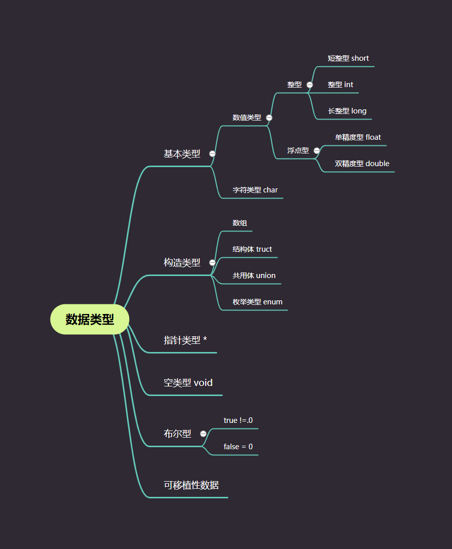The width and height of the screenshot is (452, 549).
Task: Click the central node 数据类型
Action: pyautogui.click(x=90, y=320)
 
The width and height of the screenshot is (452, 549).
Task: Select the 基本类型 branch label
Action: pyautogui.click(x=182, y=154)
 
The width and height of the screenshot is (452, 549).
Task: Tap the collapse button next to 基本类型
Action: pyautogui.click(x=212, y=153)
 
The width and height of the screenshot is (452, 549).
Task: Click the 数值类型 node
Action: pyautogui.click(x=247, y=117)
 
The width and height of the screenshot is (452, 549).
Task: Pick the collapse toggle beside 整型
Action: pyautogui.click(x=310, y=85)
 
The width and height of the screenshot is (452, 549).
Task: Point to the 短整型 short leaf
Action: pyautogui.click(x=348, y=58)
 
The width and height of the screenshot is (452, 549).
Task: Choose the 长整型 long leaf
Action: pyautogui.click(x=347, y=111)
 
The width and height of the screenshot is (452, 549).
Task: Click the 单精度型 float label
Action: pyautogui.click(x=358, y=137)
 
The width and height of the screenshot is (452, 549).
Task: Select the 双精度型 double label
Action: pyautogui.click(x=362, y=164)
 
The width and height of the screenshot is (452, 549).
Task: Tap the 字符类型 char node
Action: pyautogui.click(x=255, y=190)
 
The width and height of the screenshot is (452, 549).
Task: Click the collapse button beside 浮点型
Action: pyautogui.click(x=317, y=150)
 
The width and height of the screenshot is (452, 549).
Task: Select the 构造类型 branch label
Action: pyautogui.click(x=182, y=263)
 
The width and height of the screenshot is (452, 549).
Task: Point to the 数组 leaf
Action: pyautogui.click(x=240, y=223)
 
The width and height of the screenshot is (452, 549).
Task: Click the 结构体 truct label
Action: pyautogui.click(x=252, y=249)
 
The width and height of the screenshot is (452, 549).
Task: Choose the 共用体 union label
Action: pyautogui.click(x=254, y=276)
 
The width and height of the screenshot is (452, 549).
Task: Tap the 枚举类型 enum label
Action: pyautogui.click(x=257, y=302)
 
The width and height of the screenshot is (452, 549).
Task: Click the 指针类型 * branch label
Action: pyautogui.click(x=185, y=340)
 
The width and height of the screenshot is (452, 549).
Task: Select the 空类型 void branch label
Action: pyautogui.click(x=187, y=383)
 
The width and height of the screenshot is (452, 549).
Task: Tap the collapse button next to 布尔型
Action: pyautogui.click(x=203, y=434)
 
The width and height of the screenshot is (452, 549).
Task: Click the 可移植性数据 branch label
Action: pyautogui.click(x=191, y=485)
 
